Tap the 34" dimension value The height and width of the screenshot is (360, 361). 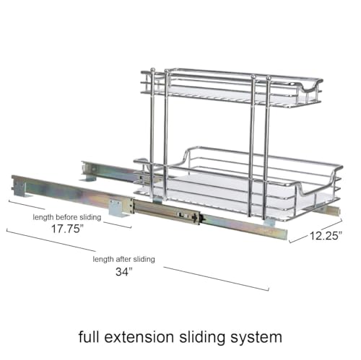(x=124, y=272)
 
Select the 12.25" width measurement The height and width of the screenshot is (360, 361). (x=326, y=236)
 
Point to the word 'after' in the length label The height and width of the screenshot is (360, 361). (x=123, y=259)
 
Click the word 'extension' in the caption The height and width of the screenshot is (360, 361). (x=139, y=337)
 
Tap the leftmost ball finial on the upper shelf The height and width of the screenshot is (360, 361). (x=152, y=70)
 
